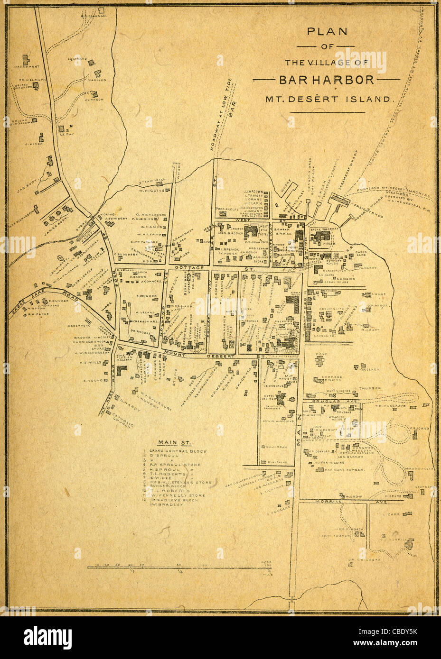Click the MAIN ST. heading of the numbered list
click(x=174, y=442)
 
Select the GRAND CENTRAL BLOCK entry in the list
click(x=178, y=451)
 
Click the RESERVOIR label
click(x=79, y=326)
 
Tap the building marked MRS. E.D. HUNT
click(x=26, y=61)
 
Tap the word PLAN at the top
click(x=327, y=32)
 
